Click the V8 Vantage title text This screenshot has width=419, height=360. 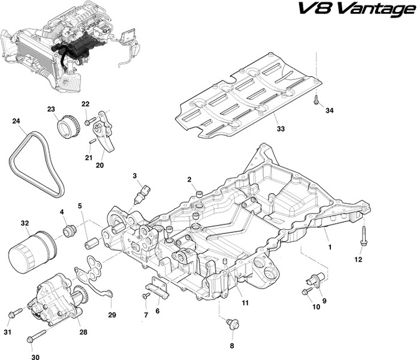[357, 9]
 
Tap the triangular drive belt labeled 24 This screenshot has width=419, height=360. [37, 164]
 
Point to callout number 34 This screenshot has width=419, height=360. [330, 110]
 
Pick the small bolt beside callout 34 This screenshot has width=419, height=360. [316, 100]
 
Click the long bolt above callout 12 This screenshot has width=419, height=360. [364, 235]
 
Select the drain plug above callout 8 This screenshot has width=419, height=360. [233, 324]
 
